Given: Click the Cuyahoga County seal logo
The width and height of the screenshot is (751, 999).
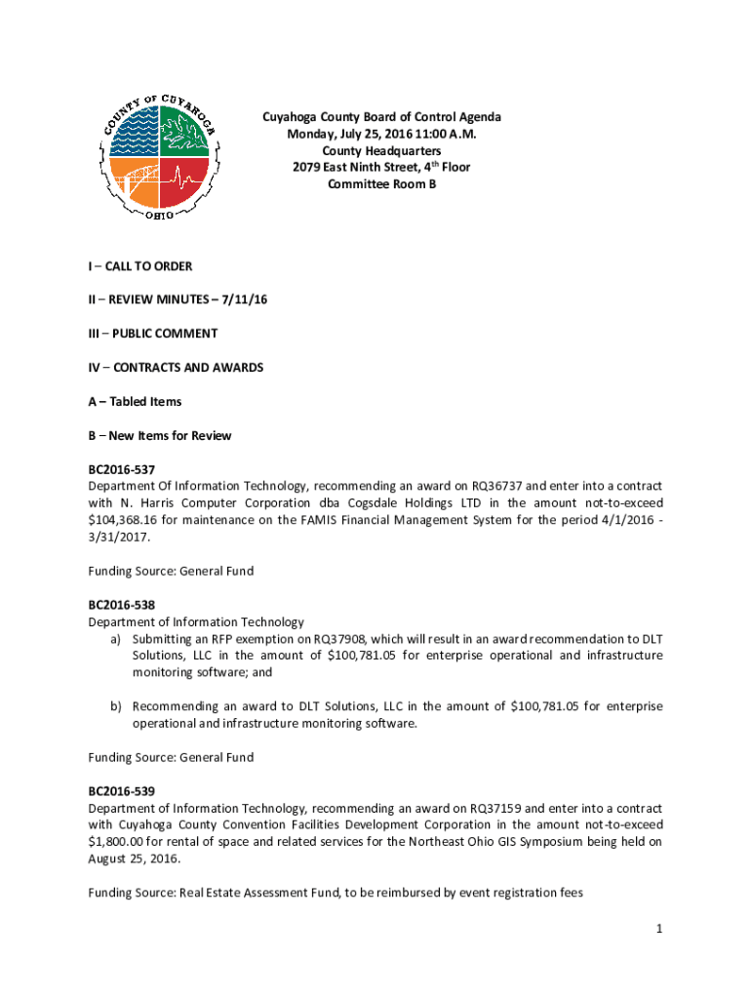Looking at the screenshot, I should (160, 156).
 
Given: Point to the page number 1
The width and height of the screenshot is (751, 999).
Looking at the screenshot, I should (659, 930).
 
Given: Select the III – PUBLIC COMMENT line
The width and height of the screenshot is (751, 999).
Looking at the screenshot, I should (152, 334).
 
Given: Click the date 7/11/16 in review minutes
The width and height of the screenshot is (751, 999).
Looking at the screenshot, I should (244, 300).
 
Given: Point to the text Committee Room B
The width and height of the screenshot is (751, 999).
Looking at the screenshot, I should (381, 183).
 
